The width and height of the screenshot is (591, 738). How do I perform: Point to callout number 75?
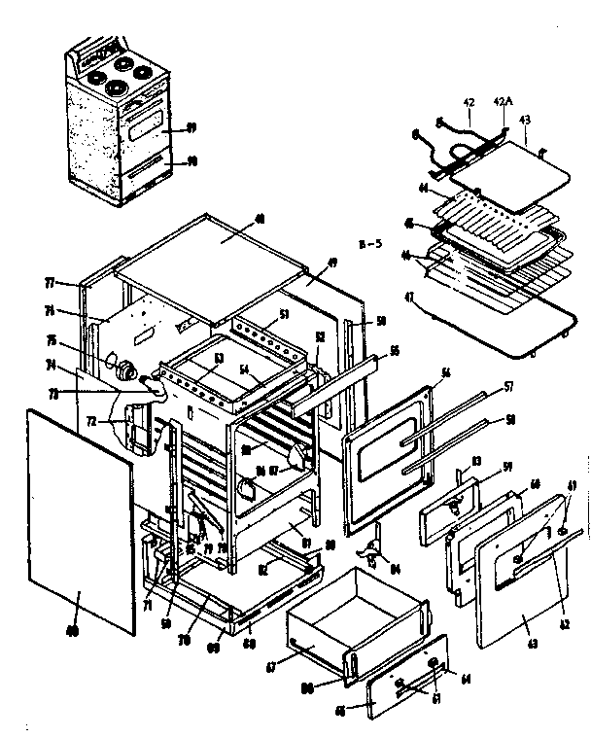(x=79, y=339)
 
